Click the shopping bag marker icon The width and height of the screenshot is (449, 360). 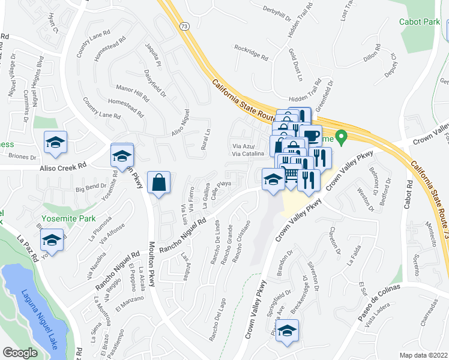(158, 182)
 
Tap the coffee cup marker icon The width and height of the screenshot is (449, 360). (312, 135)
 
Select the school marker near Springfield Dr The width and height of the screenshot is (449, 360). (288, 330)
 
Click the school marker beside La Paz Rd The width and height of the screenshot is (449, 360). (52, 241)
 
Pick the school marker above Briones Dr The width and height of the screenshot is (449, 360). (55, 143)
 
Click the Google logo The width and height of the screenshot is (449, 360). (20, 352)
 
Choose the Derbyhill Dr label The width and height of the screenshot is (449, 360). (281, 10)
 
